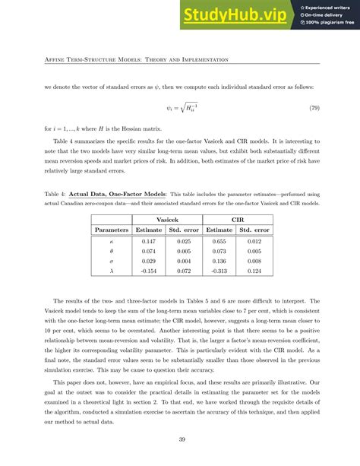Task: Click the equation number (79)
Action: coord(314,108)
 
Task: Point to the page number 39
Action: coord(180,439)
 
